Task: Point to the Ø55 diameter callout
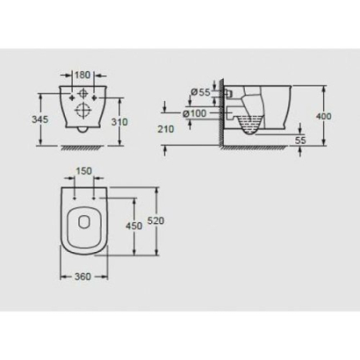pyautogui.click(x=201, y=93)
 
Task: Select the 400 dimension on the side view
pyautogui.click(x=323, y=117)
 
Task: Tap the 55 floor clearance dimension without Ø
pyautogui.click(x=300, y=139)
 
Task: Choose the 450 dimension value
pyautogui.click(x=134, y=226)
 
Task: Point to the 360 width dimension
pyautogui.click(x=83, y=276)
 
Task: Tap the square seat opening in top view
pyautogui.click(x=84, y=223)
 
